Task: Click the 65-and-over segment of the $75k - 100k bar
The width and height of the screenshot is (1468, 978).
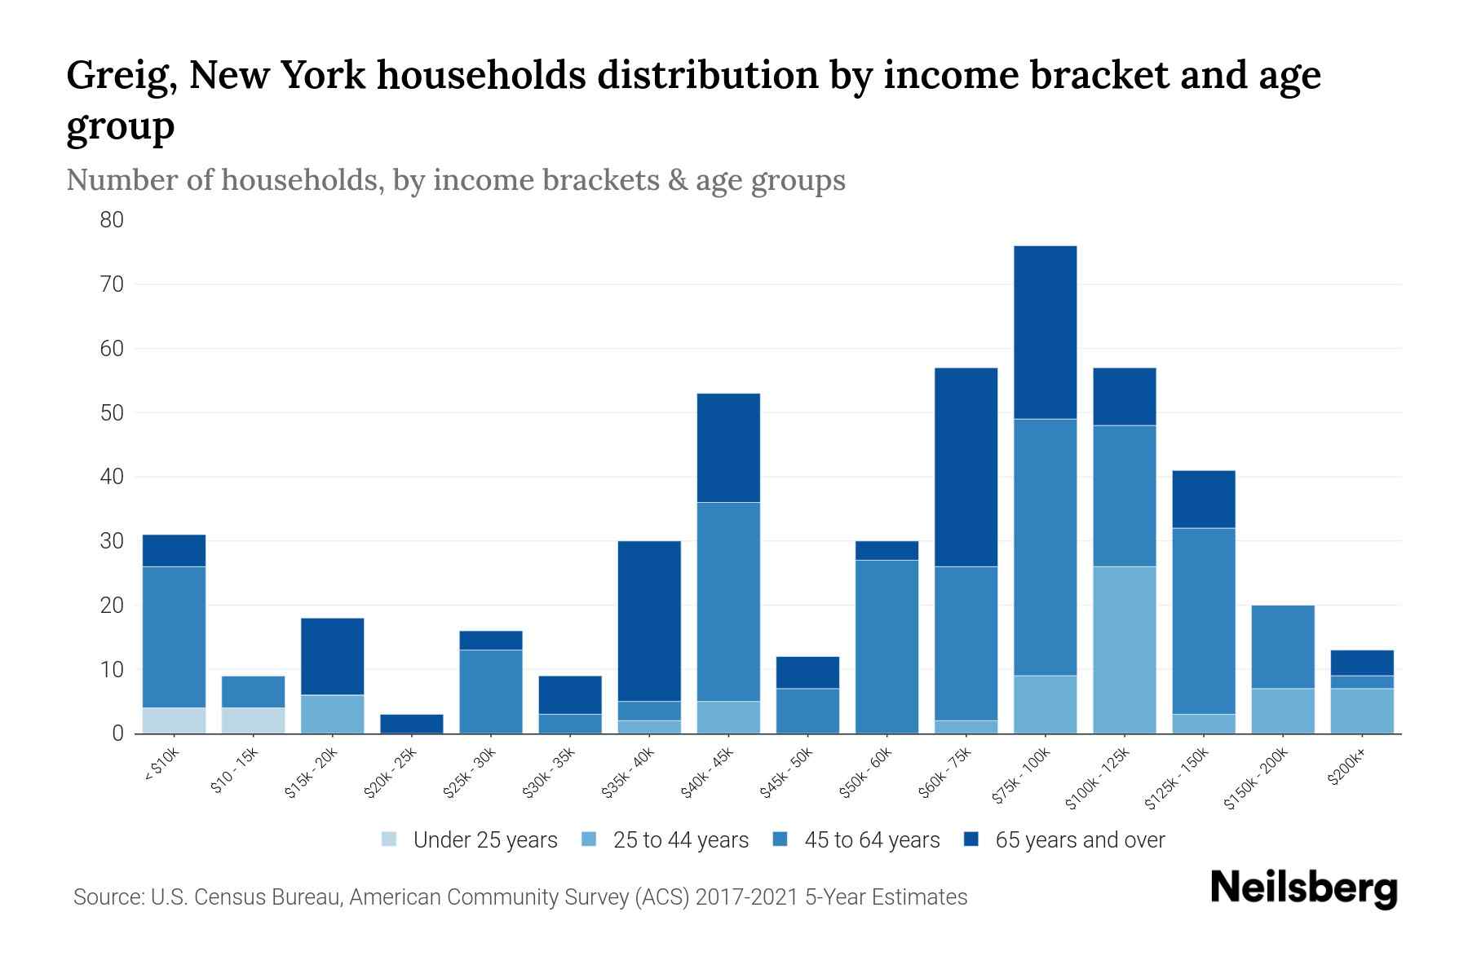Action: [x=1045, y=333]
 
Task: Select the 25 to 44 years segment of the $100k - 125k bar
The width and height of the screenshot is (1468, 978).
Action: [x=1124, y=650]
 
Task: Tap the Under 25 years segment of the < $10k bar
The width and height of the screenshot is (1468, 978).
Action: [x=174, y=720]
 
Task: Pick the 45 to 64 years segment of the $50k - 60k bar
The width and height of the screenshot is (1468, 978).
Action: [x=887, y=646]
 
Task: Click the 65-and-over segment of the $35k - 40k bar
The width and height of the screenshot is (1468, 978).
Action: [x=649, y=621]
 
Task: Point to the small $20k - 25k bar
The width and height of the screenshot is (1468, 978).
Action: [x=411, y=724]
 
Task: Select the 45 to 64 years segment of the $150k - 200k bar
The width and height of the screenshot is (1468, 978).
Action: [x=1282, y=647]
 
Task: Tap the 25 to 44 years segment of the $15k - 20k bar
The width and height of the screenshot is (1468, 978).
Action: [x=332, y=714]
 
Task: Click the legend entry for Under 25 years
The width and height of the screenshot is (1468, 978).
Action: [x=470, y=840]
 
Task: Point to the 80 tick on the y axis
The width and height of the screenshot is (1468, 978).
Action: [x=112, y=220]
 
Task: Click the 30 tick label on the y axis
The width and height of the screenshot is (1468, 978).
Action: [x=112, y=541]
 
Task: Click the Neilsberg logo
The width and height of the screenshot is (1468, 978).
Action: [x=1303, y=888]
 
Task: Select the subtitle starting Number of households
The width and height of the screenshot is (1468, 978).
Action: [x=455, y=180]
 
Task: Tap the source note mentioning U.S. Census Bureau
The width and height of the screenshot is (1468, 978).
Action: [x=520, y=897]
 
